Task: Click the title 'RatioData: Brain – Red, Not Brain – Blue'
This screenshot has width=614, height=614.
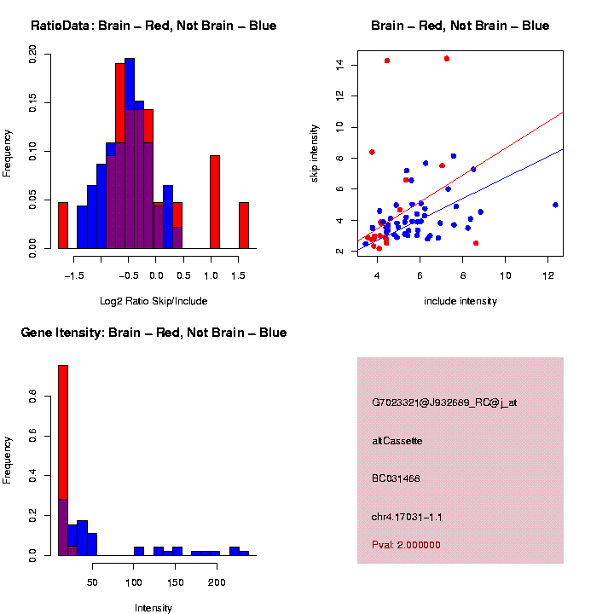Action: [x=153, y=26]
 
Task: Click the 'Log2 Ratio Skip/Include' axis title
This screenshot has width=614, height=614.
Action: [x=153, y=300]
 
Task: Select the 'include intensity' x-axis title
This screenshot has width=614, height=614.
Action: [x=460, y=300]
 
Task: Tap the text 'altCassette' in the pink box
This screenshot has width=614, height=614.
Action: [x=397, y=441]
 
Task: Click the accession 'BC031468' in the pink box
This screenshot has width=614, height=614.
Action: [x=396, y=478]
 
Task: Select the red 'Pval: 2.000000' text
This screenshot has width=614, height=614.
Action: [x=406, y=545]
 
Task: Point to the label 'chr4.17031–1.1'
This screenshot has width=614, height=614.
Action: [x=407, y=517]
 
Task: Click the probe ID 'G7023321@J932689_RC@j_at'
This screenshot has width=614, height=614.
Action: [x=444, y=403]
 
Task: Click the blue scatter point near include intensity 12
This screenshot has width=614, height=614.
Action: [x=555, y=205]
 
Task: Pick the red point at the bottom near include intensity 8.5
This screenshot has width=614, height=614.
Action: [x=476, y=243]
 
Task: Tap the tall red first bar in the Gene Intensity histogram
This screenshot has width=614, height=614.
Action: [x=63, y=426]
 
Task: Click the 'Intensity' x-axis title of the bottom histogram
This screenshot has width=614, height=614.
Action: [x=153, y=608]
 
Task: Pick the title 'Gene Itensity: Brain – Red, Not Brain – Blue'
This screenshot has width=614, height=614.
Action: [x=153, y=333]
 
